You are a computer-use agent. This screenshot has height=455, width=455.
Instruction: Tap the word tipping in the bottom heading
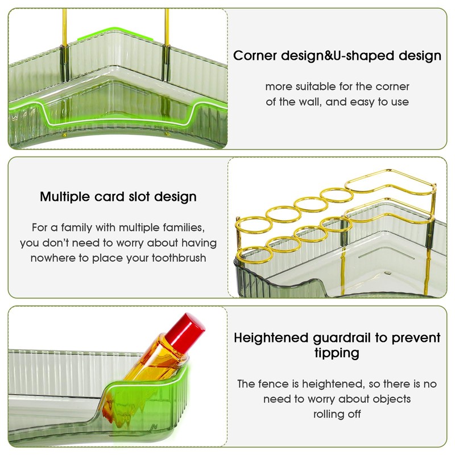coord(337,353)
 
